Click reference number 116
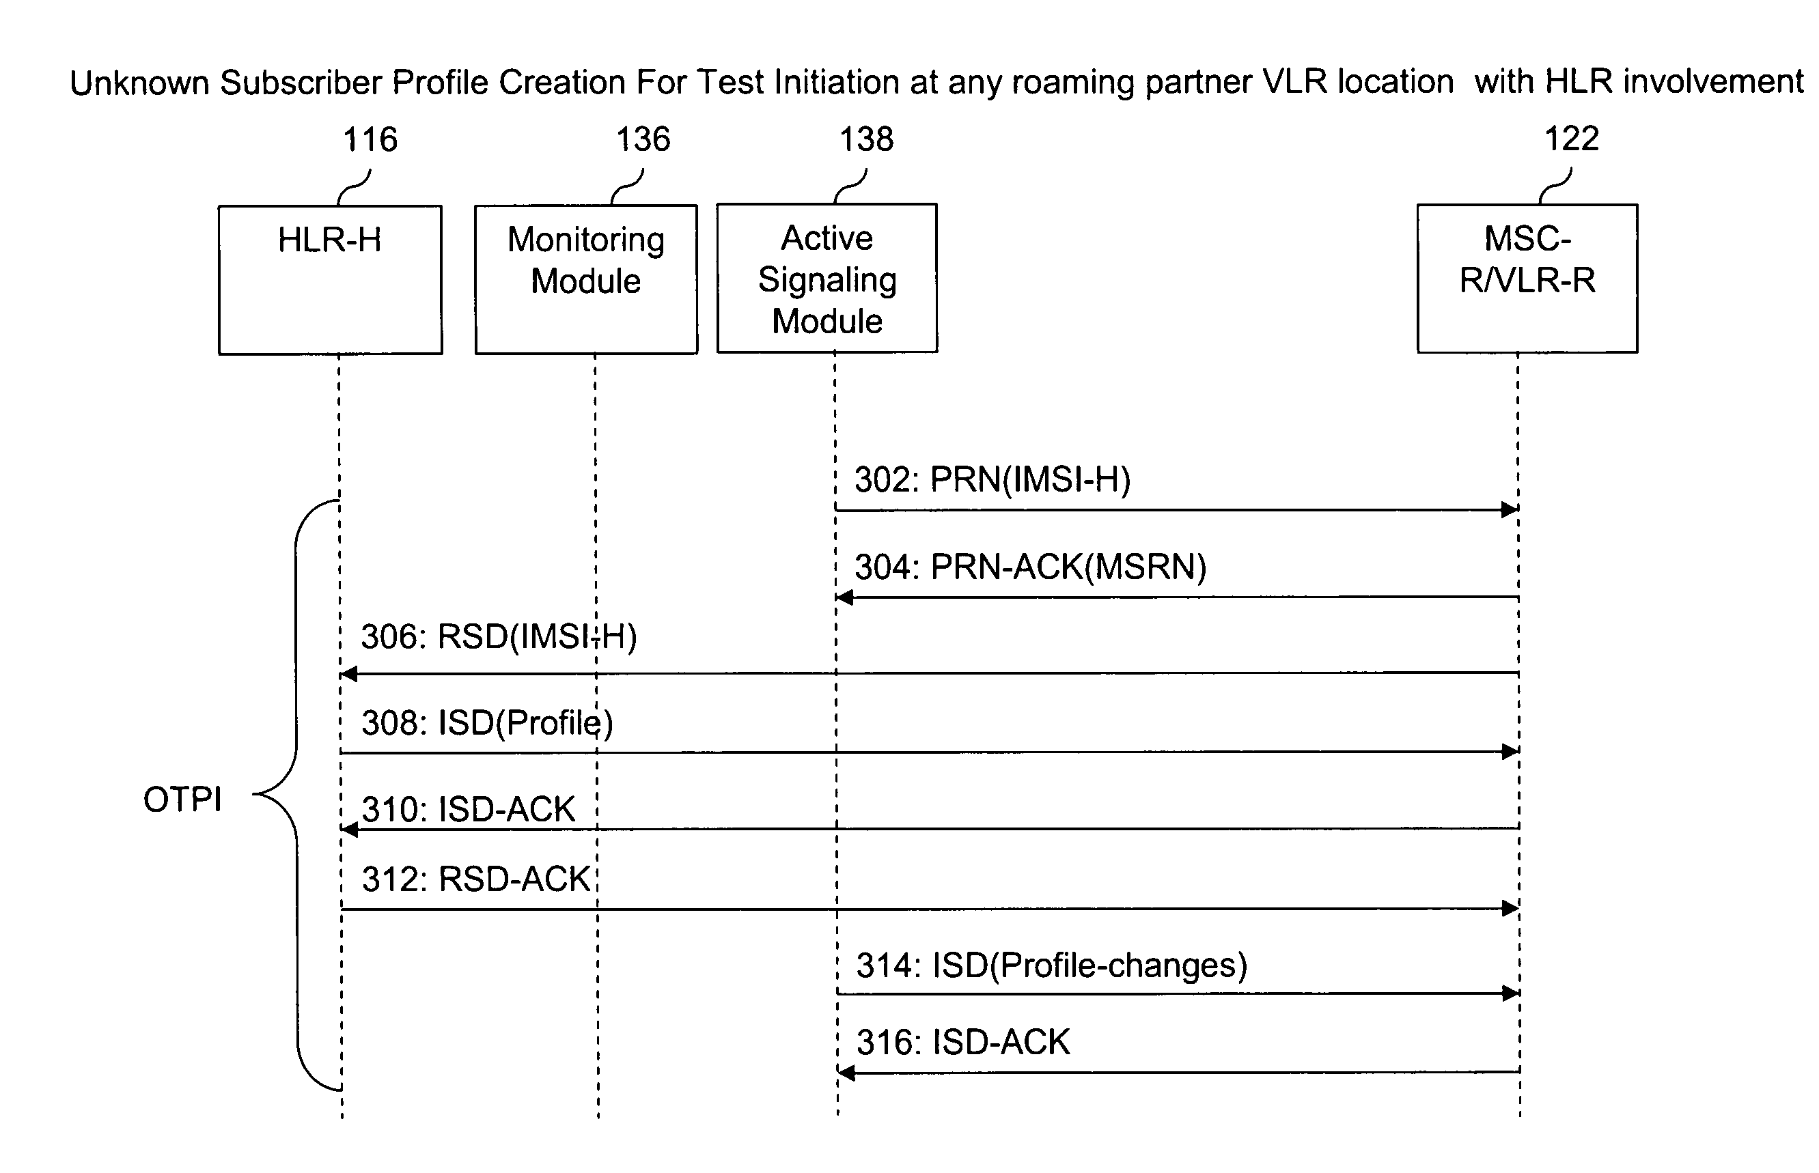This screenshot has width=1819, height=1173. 370,140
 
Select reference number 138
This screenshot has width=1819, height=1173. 866,139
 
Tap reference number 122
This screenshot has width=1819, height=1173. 1571,139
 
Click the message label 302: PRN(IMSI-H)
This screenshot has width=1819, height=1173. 992,479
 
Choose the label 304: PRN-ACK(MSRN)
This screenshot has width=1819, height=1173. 1030,567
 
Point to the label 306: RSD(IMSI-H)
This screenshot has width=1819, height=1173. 499,637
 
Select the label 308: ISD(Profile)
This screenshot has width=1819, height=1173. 488,723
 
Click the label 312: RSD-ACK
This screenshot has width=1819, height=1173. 476,879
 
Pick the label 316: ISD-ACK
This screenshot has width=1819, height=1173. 963,1042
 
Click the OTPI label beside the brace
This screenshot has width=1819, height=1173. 183,800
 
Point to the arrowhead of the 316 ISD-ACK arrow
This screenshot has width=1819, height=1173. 846,1073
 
